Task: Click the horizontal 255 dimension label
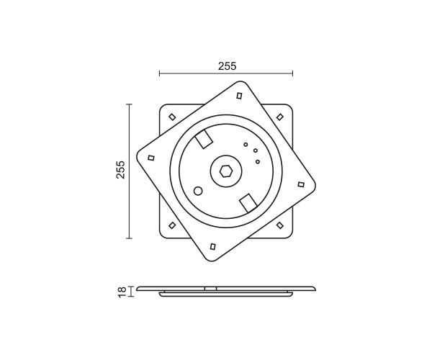click(x=228, y=66)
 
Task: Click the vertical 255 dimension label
click(x=121, y=170)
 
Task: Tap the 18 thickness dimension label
click(x=122, y=292)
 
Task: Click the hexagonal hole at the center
click(x=226, y=171)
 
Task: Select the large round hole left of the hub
click(x=198, y=191)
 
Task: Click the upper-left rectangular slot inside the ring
click(x=204, y=139)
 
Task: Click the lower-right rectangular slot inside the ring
click(x=248, y=203)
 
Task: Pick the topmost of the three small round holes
click(x=246, y=144)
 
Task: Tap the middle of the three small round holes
click(x=256, y=150)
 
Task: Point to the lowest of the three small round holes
click(x=258, y=162)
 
